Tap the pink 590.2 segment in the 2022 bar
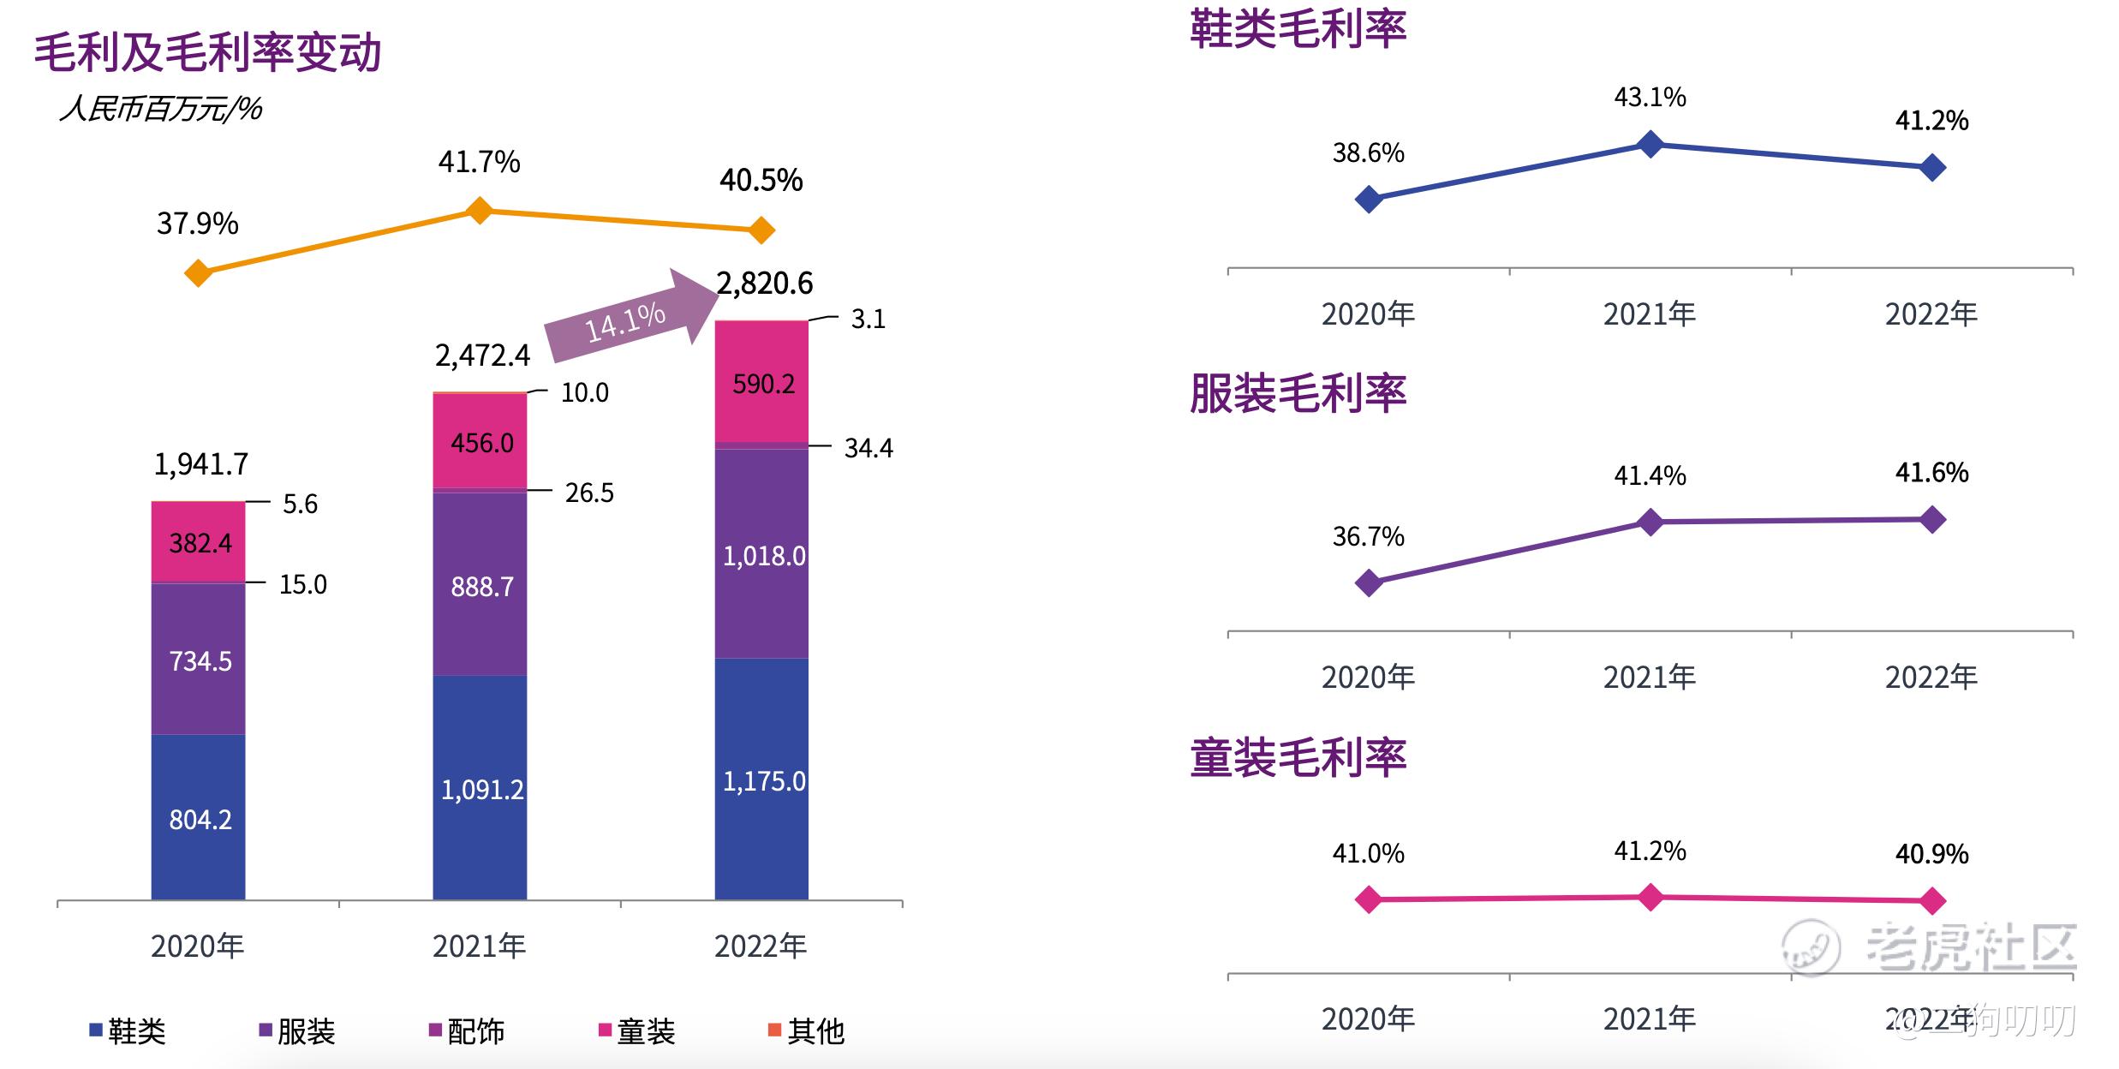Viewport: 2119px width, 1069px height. point(761,382)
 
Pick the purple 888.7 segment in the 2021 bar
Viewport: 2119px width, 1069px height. point(480,585)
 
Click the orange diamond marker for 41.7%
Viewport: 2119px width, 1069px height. point(480,210)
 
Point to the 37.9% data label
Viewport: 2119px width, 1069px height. point(197,224)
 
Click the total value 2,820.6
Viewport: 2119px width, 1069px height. point(764,284)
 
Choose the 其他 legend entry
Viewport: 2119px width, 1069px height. point(806,1030)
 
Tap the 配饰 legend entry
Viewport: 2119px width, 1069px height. point(466,1030)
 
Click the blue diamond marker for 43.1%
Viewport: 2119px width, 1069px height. point(1650,144)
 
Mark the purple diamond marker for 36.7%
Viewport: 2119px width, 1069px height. point(1369,583)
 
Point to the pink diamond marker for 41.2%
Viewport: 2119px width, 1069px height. point(1650,898)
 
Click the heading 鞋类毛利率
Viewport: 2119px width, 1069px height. point(1298,29)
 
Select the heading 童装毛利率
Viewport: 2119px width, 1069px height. point(1298,758)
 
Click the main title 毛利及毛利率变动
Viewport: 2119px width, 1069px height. point(207,53)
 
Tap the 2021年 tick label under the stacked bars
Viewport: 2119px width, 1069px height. point(479,946)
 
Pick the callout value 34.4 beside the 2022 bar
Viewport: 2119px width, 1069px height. point(868,448)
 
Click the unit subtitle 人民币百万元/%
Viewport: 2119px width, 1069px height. point(161,110)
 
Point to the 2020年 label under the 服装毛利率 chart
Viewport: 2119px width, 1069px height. point(1368,678)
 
